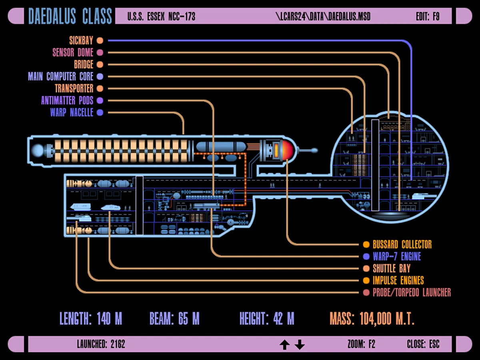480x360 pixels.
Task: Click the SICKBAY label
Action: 81,40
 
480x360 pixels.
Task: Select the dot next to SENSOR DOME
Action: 100,52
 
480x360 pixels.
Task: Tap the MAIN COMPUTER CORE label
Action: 60,76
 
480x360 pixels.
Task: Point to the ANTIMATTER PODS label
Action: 67,100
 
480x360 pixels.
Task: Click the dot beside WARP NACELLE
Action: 100,112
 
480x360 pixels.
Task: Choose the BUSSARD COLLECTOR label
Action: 402,244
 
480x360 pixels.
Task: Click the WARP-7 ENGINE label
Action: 397,256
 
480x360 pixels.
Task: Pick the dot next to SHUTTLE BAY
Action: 366,268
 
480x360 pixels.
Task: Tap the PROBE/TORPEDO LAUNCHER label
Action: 412,292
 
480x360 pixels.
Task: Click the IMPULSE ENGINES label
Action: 398,280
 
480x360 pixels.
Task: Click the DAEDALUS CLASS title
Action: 70,16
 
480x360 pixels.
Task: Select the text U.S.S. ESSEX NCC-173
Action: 161,16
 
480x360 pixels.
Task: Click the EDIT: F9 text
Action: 428,16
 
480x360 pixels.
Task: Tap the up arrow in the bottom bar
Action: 284,344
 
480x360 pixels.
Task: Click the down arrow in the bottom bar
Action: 300,344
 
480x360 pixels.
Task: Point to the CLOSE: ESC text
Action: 423,344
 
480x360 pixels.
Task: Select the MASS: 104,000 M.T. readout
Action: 372,319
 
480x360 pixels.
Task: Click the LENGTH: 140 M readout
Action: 91,319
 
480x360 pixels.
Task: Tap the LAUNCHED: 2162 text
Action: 101,344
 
